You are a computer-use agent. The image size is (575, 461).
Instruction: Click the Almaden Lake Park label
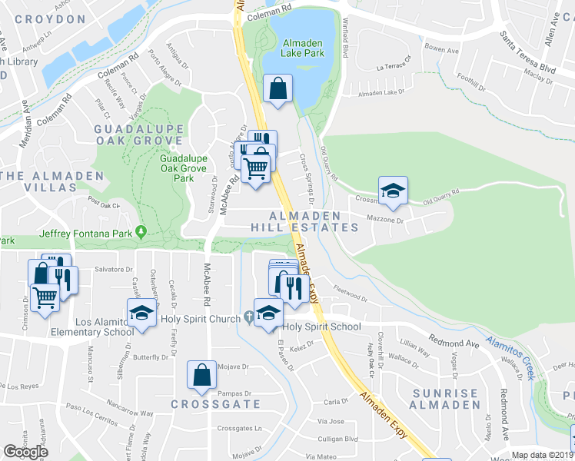click(303, 48)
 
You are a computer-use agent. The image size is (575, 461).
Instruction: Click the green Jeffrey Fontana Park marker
click(141, 231)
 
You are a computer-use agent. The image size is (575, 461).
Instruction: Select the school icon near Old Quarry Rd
click(393, 191)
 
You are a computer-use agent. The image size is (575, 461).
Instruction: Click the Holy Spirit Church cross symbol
click(248, 317)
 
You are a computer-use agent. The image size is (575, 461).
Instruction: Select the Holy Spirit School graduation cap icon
click(268, 313)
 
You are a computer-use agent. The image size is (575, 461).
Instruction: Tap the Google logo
click(26, 453)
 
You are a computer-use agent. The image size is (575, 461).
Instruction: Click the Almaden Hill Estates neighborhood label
click(304, 221)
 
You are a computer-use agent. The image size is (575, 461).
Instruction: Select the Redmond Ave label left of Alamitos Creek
click(454, 340)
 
